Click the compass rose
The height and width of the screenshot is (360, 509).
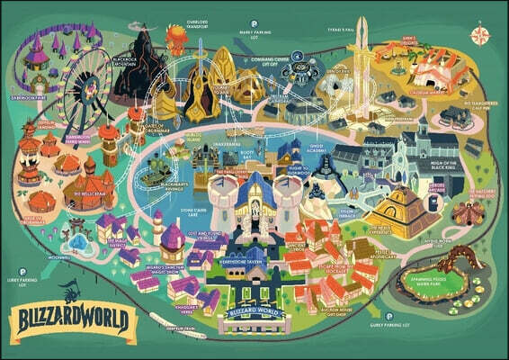481,37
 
